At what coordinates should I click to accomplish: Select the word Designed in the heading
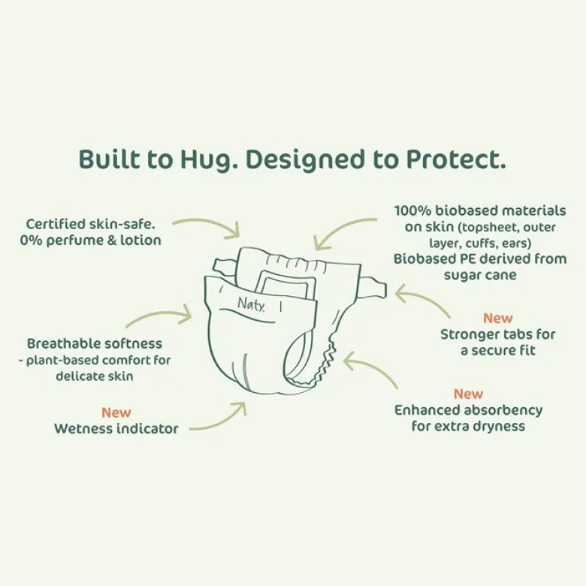[x=304, y=160]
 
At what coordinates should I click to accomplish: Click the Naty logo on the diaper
[x=252, y=304]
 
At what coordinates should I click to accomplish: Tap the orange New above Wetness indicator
[x=116, y=412]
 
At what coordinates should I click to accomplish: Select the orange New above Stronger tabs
[x=498, y=318]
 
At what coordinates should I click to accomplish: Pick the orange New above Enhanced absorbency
[x=468, y=394]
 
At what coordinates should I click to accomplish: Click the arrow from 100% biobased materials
[x=338, y=227]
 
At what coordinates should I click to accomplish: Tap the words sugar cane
[x=480, y=275]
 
